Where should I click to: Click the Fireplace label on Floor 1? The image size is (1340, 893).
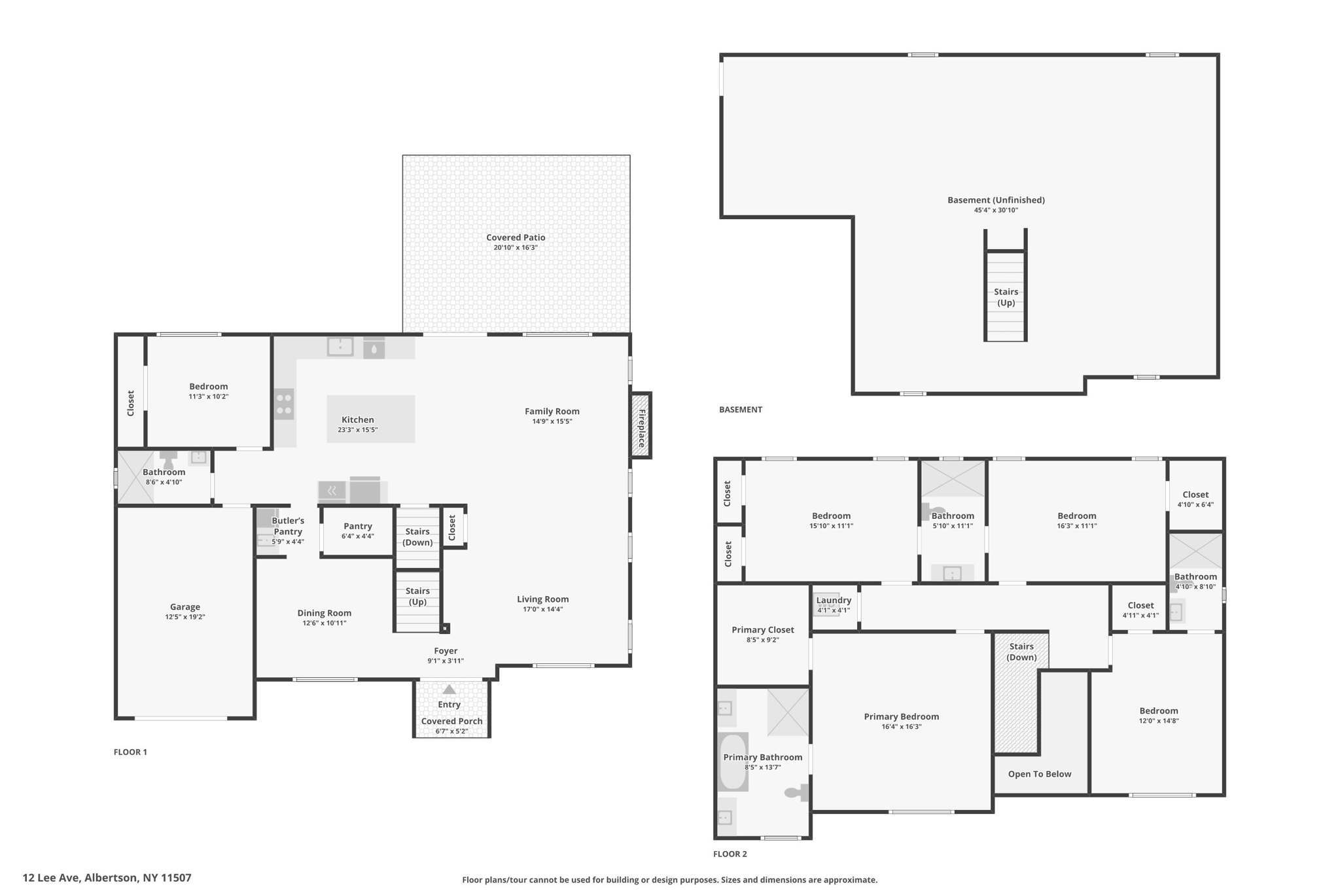[642, 429]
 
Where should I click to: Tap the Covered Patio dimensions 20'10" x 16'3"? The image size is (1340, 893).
[516, 248]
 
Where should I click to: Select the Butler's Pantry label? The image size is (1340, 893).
[288, 526]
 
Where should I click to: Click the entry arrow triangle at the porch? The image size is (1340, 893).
[449, 689]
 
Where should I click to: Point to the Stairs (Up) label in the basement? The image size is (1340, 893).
[1006, 297]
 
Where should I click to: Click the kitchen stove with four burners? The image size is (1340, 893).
[284, 404]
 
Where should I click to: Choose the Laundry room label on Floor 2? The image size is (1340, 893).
[834, 601]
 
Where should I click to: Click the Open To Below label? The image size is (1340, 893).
[1039, 774]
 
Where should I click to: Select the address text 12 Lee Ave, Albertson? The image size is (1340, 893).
[107, 878]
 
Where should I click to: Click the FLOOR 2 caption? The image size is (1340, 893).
[730, 854]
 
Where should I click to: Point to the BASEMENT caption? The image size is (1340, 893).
[740, 410]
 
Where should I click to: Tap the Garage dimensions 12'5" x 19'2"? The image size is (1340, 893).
[185, 617]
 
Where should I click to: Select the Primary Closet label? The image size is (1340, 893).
[762, 630]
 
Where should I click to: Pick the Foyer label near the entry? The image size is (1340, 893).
[446, 651]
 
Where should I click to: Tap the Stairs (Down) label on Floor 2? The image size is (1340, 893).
[1021, 652]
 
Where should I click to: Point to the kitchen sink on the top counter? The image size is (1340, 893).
[340, 346]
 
